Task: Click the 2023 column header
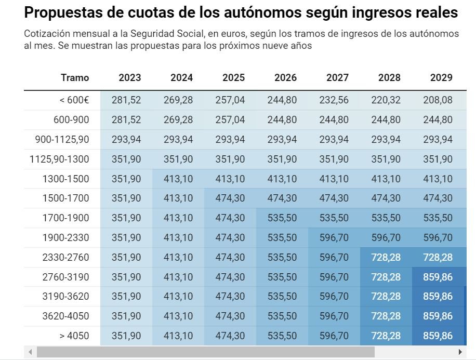(x=129, y=77)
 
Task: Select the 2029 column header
(x=441, y=77)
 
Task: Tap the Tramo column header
(x=75, y=77)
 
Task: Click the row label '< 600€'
(x=74, y=100)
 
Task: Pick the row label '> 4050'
(x=74, y=336)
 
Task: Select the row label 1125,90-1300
(x=59, y=159)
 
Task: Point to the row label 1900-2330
(x=66, y=237)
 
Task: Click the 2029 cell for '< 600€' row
(x=438, y=100)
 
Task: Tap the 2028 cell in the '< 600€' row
(x=386, y=100)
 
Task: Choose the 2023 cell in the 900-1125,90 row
(x=126, y=139)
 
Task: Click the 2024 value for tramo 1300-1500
(x=178, y=179)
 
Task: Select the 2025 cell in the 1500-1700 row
(x=230, y=198)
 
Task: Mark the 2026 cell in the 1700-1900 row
(x=282, y=218)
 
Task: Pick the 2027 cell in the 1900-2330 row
(x=334, y=237)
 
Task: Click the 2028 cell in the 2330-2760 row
(x=386, y=257)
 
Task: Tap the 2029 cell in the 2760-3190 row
(x=438, y=277)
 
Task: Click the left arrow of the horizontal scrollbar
(x=30, y=352)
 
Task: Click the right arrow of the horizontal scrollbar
(x=460, y=352)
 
